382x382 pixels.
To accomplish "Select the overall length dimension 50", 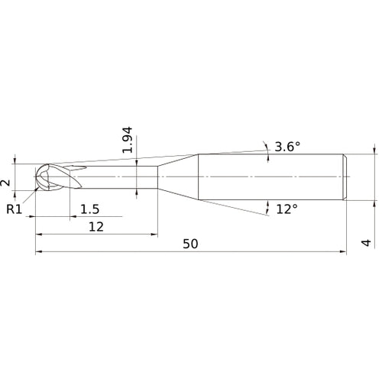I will pyautogui.click(x=190, y=243).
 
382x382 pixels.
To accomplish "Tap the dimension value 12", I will pyautogui.click(x=95, y=226).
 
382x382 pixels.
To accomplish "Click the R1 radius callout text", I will pyautogui.click(x=14, y=209).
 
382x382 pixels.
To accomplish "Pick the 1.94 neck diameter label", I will pyautogui.click(x=128, y=139).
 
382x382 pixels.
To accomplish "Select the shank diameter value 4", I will pyautogui.click(x=367, y=243).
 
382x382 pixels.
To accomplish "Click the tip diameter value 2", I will pyautogui.click(x=6, y=181).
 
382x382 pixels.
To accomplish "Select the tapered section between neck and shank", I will pyautogui.click(x=177, y=177).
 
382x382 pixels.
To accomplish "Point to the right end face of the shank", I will pyautogui.click(x=348, y=177).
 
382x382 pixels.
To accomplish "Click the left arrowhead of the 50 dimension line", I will pyautogui.click(x=39, y=251).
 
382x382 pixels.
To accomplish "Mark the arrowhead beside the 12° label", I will pyautogui.click(x=268, y=207).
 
